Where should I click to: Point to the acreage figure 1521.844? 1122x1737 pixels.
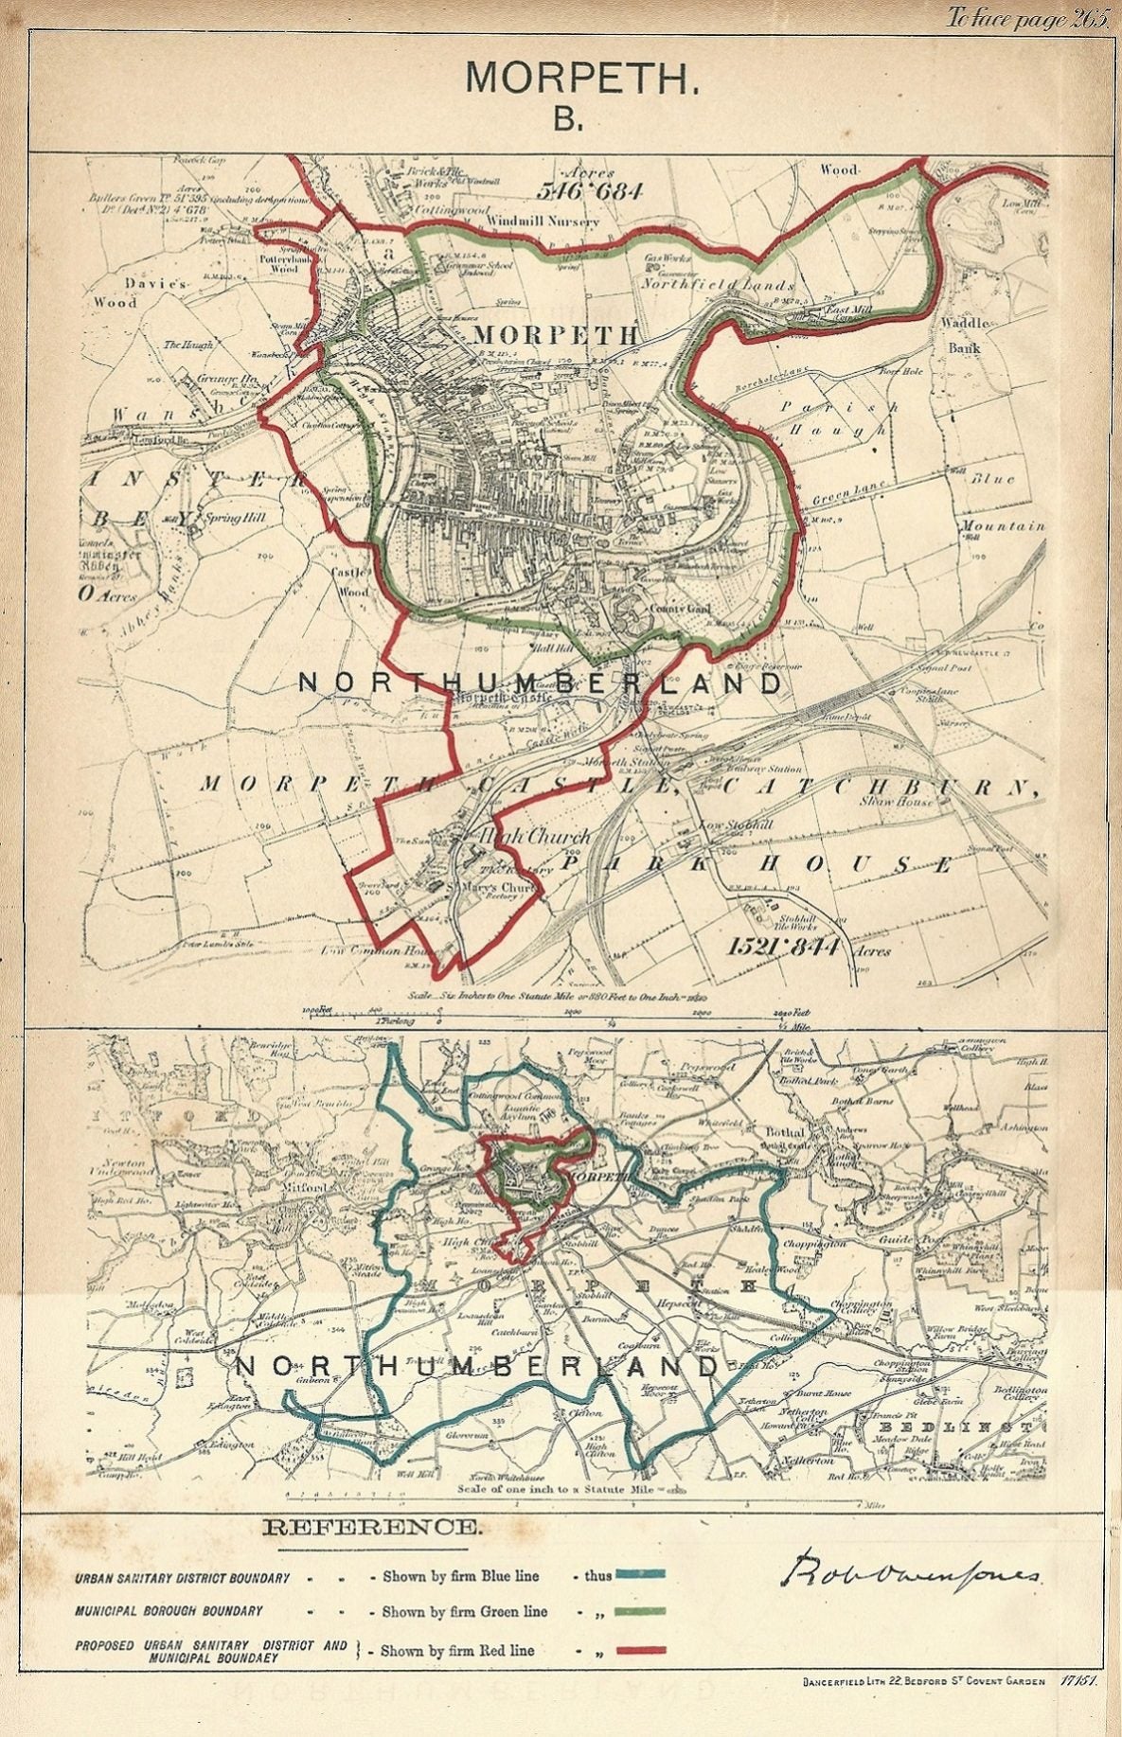[x=785, y=945]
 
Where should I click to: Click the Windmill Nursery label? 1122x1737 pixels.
[x=543, y=222]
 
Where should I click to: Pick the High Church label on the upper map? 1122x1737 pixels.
[x=536, y=836]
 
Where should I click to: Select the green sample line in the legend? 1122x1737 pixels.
[x=639, y=1610]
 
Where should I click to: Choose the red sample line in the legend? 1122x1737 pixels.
[x=639, y=1650]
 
